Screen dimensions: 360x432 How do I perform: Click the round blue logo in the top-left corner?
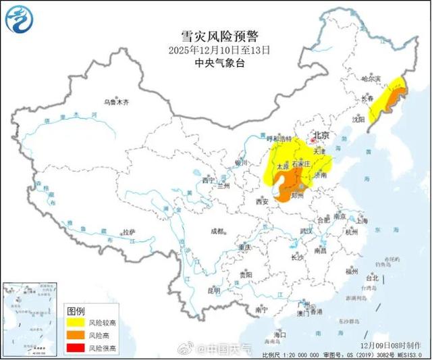click(19, 18)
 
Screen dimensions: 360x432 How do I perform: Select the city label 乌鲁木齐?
click(116, 102)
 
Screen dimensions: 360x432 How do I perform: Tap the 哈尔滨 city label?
click(371, 80)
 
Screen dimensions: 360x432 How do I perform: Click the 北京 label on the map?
click(321, 136)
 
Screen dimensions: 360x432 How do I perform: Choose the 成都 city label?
click(217, 231)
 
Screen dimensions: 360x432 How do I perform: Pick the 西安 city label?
click(262, 201)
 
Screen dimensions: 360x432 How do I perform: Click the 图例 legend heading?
click(76, 311)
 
